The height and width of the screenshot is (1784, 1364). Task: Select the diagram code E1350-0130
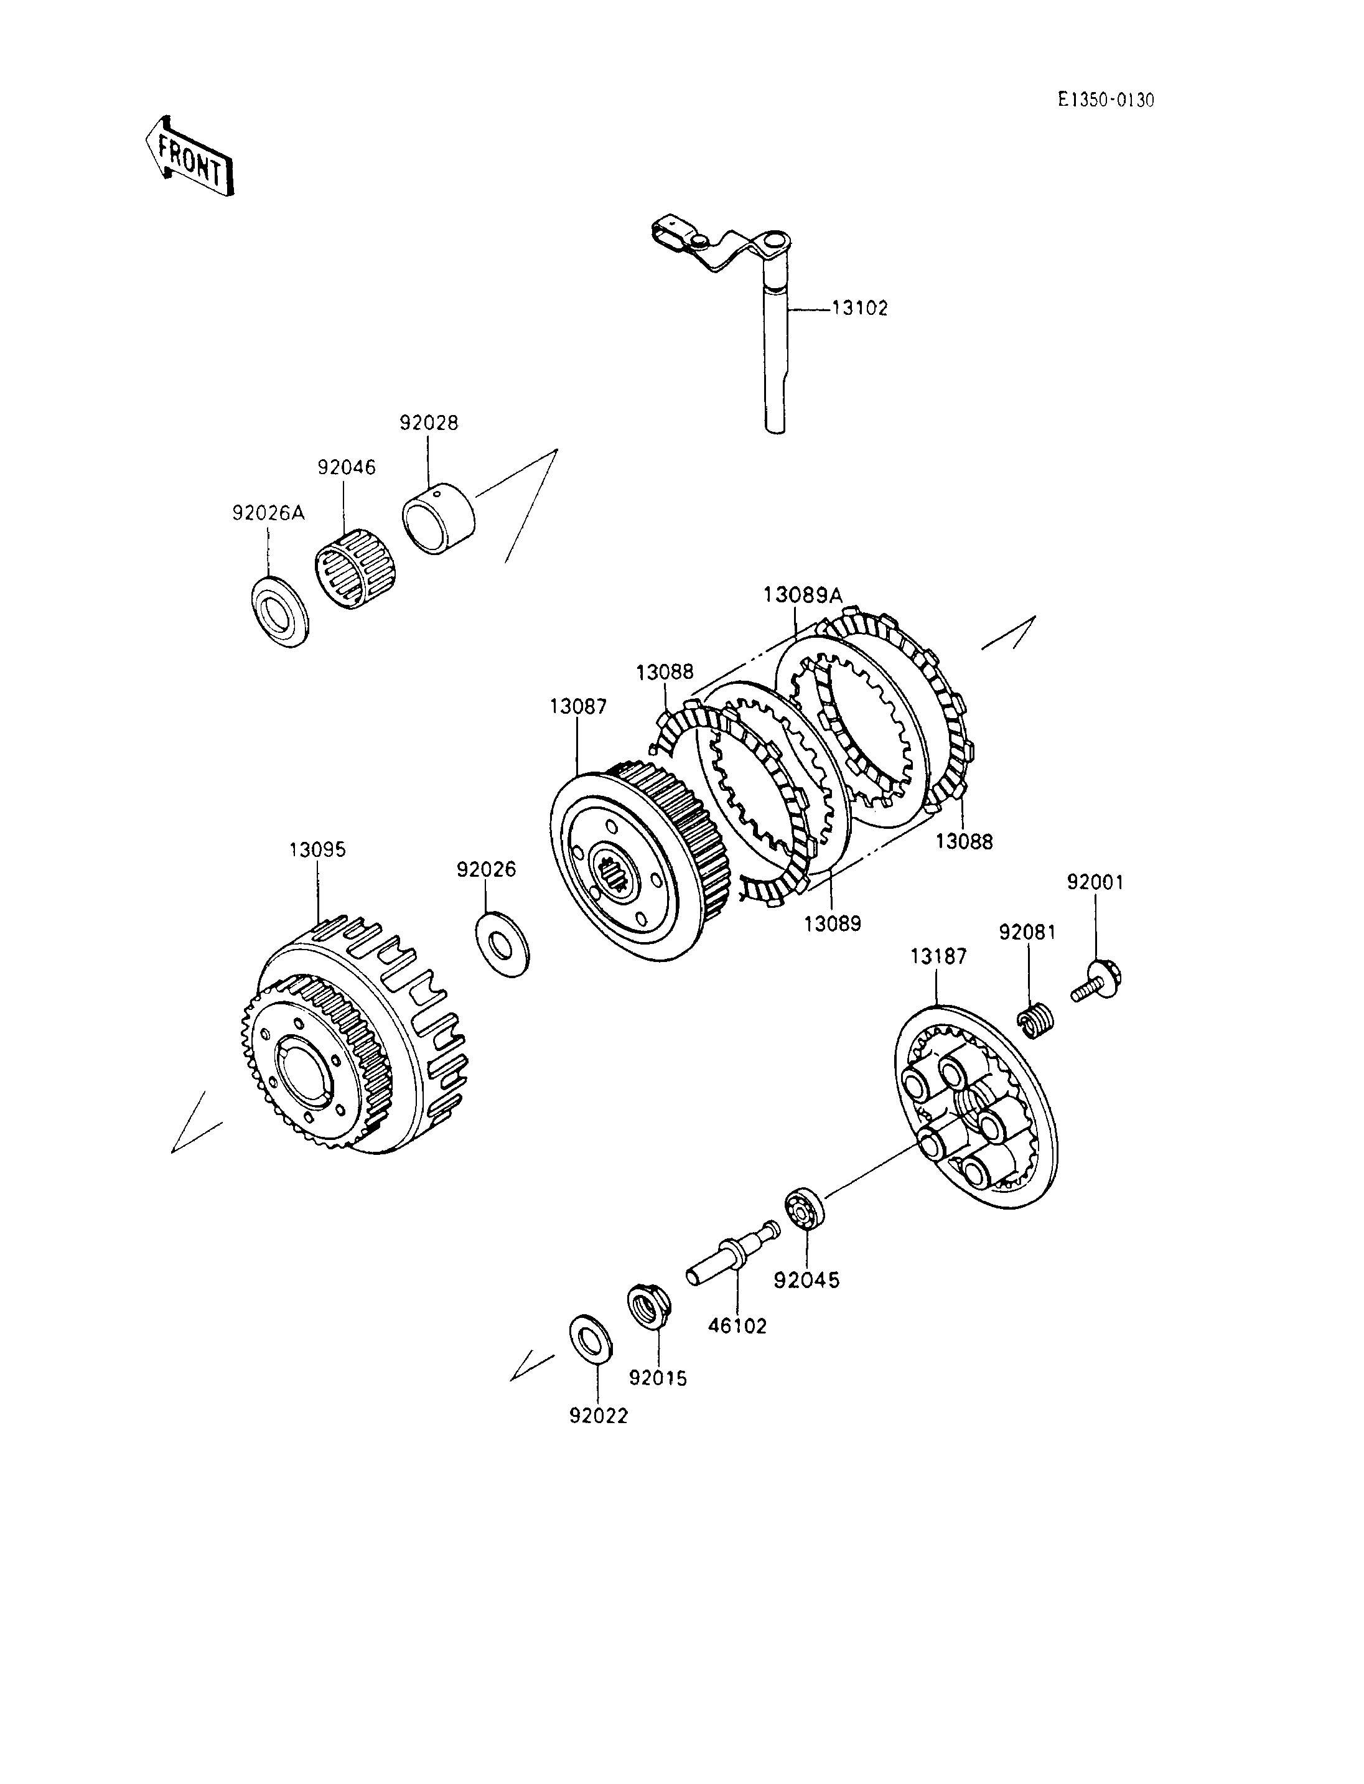point(1106,100)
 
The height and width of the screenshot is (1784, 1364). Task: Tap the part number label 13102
point(860,309)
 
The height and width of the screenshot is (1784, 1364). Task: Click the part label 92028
point(429,423)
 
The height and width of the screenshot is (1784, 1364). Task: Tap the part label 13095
point(317,850)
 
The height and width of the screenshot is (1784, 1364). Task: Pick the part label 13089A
point(803,595)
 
